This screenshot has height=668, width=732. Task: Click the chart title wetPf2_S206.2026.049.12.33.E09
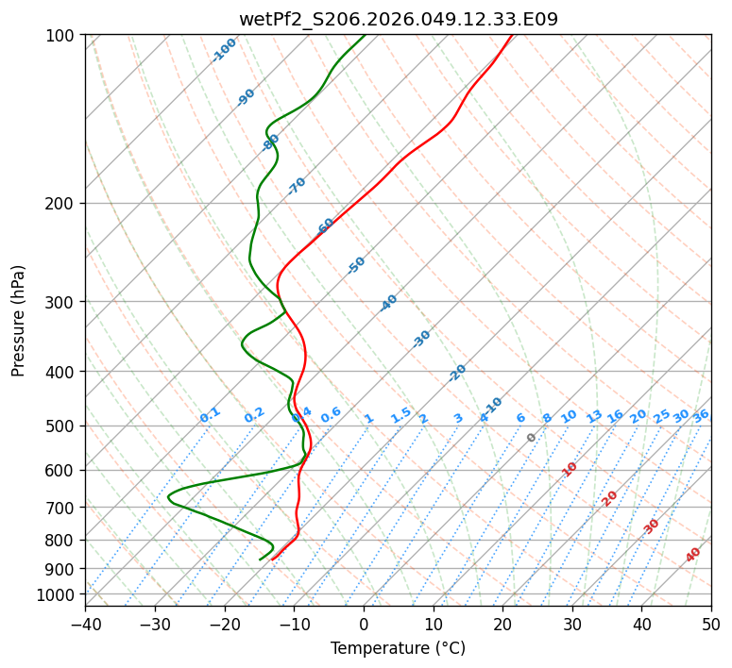coord(398,19)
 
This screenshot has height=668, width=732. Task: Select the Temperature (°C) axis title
coord(398,649)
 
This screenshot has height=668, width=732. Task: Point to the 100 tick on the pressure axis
coord(63,36)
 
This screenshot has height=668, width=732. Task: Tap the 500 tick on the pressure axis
coord(63,426)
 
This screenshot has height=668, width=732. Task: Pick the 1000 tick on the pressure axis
coord(60,594)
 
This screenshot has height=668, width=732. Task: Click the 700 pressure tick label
coord(63,508)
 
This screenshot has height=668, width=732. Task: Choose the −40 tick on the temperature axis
coord(85,624)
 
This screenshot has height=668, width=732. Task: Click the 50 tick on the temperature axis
coord(711,624)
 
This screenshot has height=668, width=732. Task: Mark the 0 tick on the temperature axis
coord(364,624)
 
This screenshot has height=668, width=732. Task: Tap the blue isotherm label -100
coord(225,50)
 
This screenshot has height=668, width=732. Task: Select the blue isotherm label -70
coord(297,186)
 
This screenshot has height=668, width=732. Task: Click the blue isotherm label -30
coord(421,339)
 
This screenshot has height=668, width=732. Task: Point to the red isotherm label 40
coord(693,555)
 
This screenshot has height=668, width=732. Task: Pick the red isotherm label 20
coord(610,497)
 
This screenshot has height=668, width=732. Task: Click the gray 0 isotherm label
coord(532,438)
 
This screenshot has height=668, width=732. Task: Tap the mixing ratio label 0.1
coord(210,414)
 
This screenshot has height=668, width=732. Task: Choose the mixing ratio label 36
coord(701,415)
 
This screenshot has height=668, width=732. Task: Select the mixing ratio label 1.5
coord(400,414)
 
